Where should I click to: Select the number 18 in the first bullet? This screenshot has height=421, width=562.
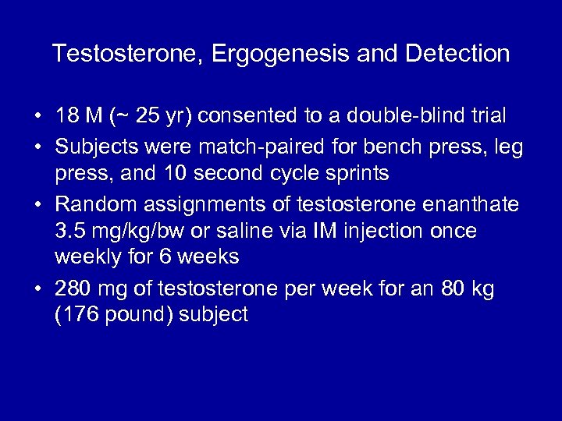pos(66,116)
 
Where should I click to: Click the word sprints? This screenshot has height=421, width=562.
pos(356,173)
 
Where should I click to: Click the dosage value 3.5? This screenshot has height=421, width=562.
pos(69,230)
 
